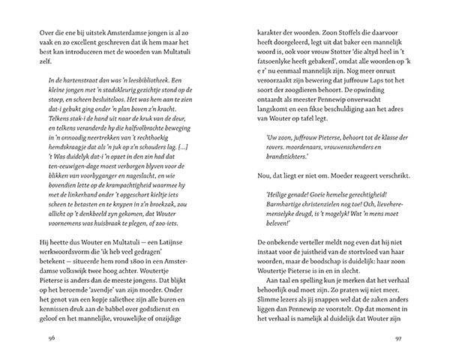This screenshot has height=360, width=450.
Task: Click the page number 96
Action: pos(30,338)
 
